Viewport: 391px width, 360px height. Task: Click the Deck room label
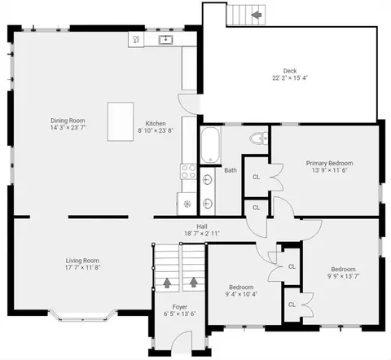point(290,71)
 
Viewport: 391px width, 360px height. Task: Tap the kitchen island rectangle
point(121,121)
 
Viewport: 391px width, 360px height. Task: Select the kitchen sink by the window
point(165,40)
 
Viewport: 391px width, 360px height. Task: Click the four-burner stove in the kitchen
point(188,172)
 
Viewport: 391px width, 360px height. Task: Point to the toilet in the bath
point(259,138)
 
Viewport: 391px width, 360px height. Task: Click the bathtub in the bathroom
point(210,145)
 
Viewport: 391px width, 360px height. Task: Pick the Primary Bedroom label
point(330,163)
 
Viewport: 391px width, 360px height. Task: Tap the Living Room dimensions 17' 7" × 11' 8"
point(82,267)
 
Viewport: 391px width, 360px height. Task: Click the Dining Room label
point(68,121)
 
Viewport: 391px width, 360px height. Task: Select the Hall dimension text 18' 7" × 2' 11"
point(202,233)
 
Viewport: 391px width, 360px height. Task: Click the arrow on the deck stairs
point(256,15)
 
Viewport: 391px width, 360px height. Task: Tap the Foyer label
point(180,307)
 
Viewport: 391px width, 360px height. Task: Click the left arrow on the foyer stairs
point(167,283)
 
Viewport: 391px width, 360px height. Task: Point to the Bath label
point(231,170)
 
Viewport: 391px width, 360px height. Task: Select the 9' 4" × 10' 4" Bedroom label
point(241,288)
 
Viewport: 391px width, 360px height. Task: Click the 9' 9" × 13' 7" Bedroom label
point(344,269)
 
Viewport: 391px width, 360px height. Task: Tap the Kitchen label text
point(156,124)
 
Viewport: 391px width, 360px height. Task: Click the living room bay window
point(82,316)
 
